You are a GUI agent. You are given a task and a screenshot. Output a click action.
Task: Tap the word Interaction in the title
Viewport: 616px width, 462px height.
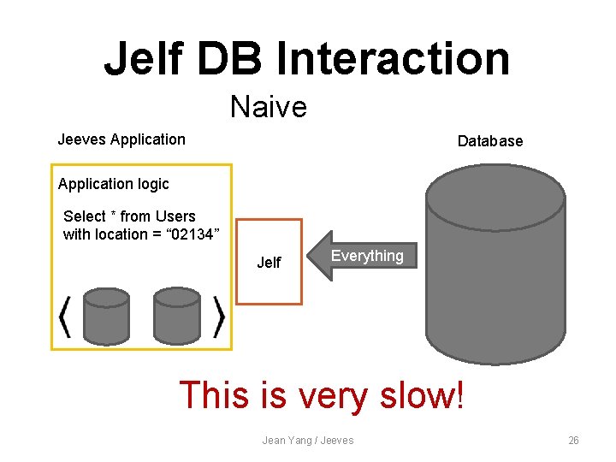393,58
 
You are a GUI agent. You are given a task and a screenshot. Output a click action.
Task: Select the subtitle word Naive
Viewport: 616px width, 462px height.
268,107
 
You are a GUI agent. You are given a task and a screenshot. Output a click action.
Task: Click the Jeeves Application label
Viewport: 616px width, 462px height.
121,139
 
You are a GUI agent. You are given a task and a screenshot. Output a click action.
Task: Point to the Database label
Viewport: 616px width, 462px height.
489,141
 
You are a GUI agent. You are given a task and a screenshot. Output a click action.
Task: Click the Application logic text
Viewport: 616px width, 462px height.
114,184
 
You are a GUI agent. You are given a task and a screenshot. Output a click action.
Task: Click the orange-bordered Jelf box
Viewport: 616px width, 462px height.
269,262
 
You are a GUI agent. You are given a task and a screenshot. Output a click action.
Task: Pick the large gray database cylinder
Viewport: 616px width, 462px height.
495,265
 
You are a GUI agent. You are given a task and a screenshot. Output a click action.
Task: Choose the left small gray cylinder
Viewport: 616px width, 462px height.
106,316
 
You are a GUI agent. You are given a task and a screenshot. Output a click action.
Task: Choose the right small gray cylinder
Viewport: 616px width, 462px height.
176,316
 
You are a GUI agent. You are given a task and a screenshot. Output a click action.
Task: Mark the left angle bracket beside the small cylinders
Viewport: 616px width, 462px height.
65,317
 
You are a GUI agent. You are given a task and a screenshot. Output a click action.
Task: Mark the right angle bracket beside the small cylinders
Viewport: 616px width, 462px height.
219,317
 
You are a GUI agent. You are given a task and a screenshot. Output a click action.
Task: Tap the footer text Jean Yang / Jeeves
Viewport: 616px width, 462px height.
308,440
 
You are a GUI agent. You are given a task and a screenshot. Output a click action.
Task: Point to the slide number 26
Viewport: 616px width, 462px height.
573,440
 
